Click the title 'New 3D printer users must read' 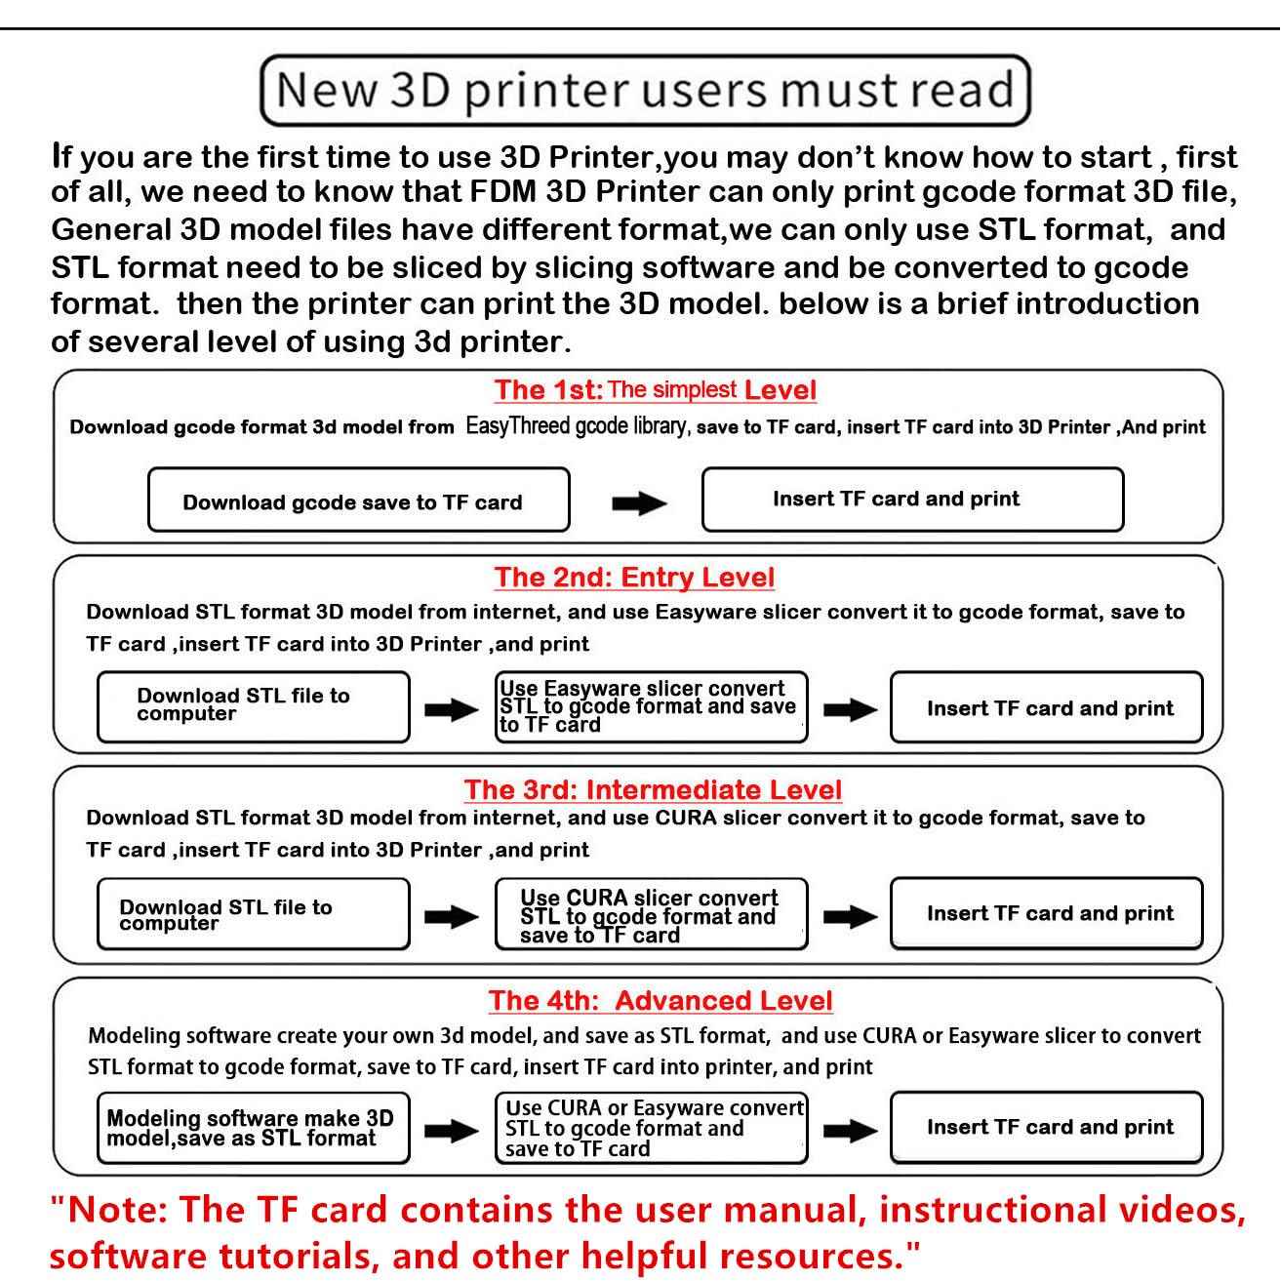[x=645, y=91]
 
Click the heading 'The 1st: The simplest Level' [x=655, y=389]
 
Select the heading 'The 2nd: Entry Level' [x=634, y=577]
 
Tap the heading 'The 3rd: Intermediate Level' [x=653, y=789]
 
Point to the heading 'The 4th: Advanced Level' [x=661, y=1000]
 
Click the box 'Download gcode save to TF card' [x=359, y=500]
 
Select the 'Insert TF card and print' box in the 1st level [x=913, y=500]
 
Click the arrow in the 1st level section [x=639, y=503]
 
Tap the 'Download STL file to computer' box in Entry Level [x=254, y=706]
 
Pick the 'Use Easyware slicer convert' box [x=652, y=706]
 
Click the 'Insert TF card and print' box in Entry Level [x=1046, y=706]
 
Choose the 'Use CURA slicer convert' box [x=652, y=913]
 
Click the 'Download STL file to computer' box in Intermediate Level [x=254, y=913]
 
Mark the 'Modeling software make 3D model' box [x=254, y=1128]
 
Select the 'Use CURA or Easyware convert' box [x=652, y=1128]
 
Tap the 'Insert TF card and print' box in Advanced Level [x=1046, y=1128]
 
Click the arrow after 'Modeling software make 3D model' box [x=452, y=1130]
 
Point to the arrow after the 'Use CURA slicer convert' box [x=850, y=917]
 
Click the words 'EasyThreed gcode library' [x=577, y=425]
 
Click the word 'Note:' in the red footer [x=117, y=1209]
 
